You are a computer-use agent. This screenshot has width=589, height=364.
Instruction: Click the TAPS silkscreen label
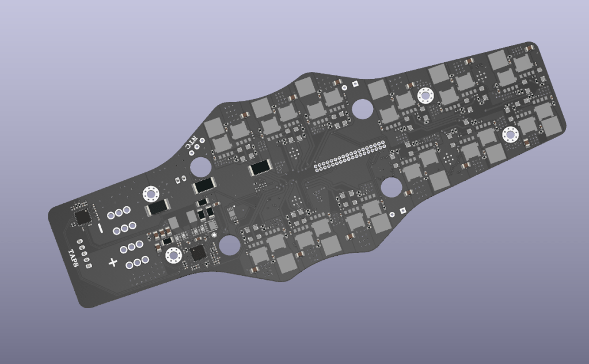point(74,258)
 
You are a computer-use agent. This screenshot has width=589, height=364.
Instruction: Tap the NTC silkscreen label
point(192,143)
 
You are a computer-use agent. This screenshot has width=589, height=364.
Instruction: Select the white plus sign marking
point(113,262)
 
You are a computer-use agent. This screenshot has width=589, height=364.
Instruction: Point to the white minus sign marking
point(100,228)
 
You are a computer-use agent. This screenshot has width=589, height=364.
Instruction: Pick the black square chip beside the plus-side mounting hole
point(198,253)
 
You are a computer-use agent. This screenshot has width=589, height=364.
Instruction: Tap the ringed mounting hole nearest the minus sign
point(151,194)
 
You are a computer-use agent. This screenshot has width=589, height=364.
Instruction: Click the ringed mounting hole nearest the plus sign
point(173,256)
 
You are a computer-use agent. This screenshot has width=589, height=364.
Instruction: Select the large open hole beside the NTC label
point(200,167)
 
